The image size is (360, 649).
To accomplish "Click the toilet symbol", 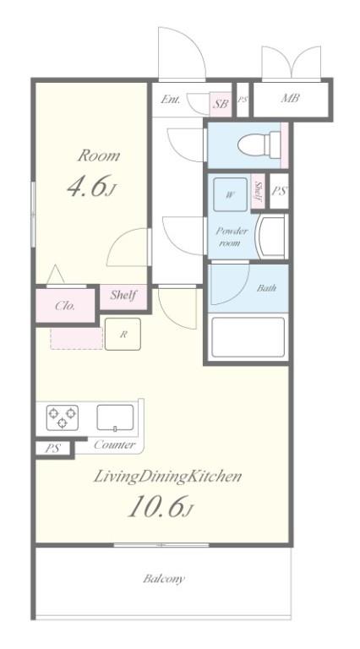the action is point(259,145).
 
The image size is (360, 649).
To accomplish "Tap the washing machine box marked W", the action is point(230,194).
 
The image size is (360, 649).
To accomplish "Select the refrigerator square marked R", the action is point(123,334).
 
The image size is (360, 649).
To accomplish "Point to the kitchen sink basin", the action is point(116,417).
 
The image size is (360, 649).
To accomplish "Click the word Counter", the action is point(115,445).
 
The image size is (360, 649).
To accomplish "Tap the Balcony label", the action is point(164,579).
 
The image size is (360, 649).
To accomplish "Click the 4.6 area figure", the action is point(91,186).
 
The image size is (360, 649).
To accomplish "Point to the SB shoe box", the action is point(221,103).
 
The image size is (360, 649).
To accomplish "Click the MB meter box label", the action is point(290,99).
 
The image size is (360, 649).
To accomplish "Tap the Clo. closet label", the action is point(65,306).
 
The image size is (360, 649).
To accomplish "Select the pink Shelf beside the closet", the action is point(123,297).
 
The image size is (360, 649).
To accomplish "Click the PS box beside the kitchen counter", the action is point(52,448).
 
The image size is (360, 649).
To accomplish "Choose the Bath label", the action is point(266,287).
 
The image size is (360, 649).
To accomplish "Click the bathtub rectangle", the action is point(248,337).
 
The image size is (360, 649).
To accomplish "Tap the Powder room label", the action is point(232,237).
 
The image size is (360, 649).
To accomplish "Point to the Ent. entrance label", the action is point(171,100).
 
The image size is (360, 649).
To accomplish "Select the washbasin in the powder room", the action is point(271,236).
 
